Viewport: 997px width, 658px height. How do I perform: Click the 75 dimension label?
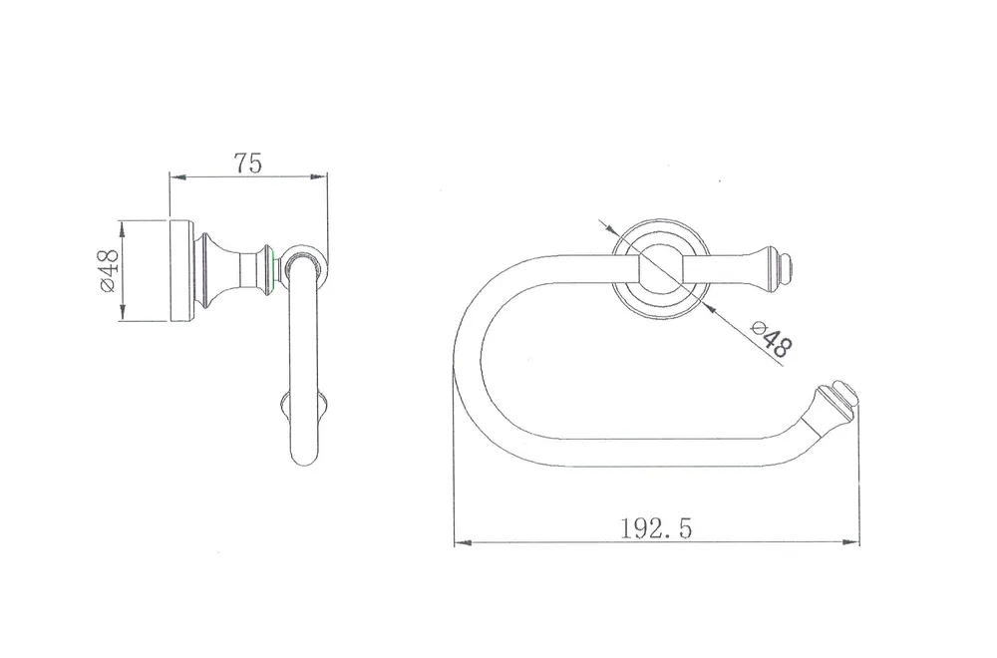[248, 164]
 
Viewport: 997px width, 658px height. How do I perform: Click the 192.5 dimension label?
[656, 527]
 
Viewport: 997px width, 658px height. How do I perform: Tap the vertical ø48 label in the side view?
[108, 271]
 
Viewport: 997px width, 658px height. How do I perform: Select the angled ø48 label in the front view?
[772, 340]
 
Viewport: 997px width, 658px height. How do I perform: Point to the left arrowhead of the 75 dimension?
[177, 176]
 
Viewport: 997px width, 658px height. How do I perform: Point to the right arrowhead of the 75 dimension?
[319, 176]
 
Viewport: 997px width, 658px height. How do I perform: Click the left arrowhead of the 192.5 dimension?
[463, 543]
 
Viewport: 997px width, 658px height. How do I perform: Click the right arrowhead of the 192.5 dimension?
[850, 542]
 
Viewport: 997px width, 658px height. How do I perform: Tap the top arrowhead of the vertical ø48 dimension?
[122, 229]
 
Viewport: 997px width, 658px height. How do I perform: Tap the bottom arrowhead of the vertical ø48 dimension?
[122, 313]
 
